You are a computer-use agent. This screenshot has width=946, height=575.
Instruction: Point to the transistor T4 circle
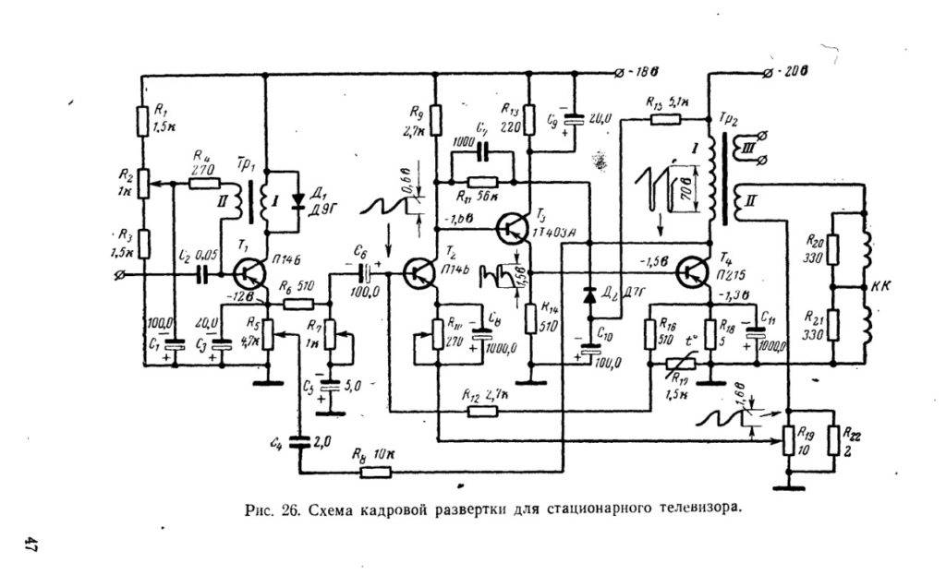point(693,272)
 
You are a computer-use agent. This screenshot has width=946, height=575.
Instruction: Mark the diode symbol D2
point(588,298)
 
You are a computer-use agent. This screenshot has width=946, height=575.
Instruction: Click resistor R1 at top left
point(143,119)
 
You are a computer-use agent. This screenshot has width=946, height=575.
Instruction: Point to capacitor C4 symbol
point(297,442)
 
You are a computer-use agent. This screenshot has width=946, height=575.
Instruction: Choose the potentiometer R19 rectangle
point(789,441)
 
